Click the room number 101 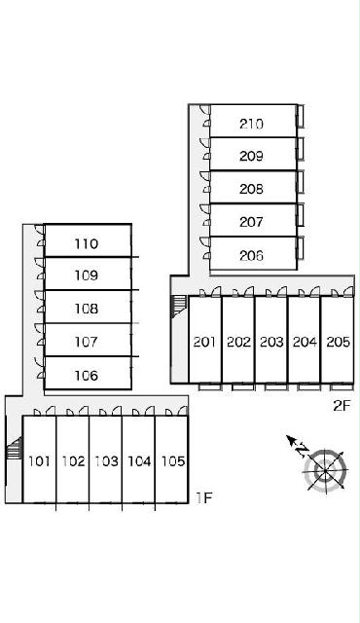click(x=39, y=460)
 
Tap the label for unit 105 click(x=172, y=460)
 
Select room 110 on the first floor click(x=87, y=243)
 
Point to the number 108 click(x=87, y=309)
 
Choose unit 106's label click(x=87, y=375)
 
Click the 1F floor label click(x=204, y=497)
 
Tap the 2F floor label click(x=342, y=405)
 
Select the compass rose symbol click(x=325, y=471)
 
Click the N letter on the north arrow click(x=303, y=450)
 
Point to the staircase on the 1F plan click(x=15, y=448)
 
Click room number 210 click(x=251, y=124)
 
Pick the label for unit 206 click(x=251, y=255)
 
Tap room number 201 click(x=204, y=342)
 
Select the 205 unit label click(x=339, y=342)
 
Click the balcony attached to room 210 click(x=301, y=116)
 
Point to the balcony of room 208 click(x=301, y=182)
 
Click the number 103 click(x=106, y=460)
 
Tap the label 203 click(x=271, y=342)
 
